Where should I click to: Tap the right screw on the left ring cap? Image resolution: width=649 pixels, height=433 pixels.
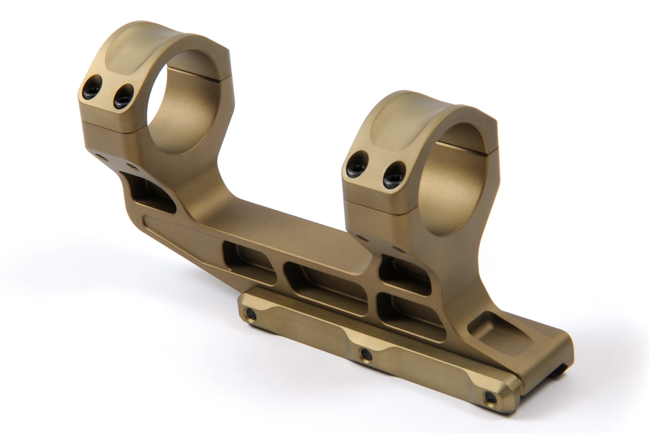(123, 98)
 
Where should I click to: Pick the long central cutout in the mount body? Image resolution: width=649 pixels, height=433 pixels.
(325, 287)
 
